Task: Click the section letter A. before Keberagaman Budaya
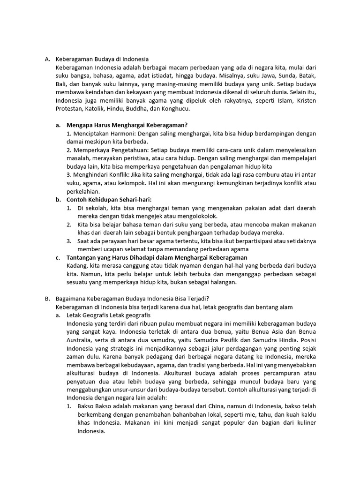[x=47, y=59]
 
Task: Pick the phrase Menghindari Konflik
[x=102, y=175]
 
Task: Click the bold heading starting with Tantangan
[x=157, y=257]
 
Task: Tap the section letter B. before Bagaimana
[x=47, y=299]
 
